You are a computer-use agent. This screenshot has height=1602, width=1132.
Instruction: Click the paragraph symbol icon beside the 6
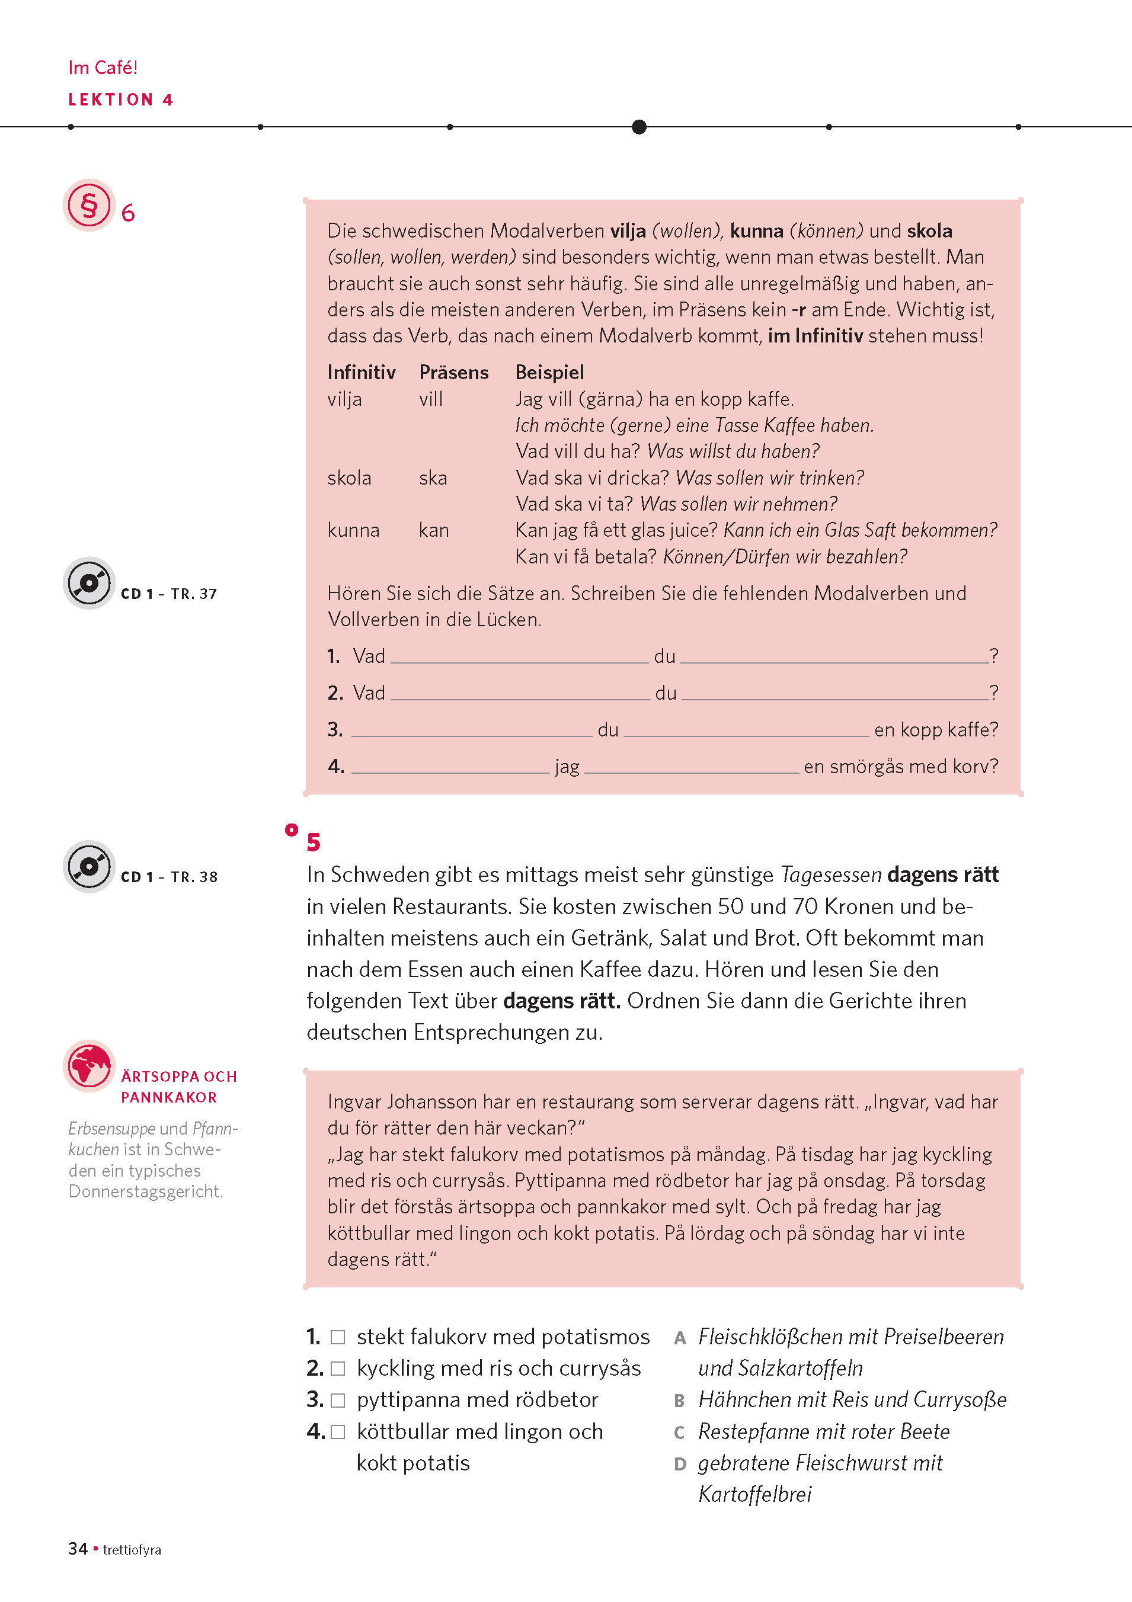pos(89,205)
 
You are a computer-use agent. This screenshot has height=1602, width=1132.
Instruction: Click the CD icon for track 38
pos(89,866)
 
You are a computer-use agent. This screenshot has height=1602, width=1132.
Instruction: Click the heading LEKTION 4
pos(120,100)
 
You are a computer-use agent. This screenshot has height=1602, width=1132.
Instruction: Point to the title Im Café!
pos(103,68)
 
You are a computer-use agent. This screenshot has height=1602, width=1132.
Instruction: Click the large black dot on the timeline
pos(638,127)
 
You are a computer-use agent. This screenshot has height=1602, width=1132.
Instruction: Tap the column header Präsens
pos(453,373)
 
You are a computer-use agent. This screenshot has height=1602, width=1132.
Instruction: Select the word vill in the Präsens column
pos(431,399)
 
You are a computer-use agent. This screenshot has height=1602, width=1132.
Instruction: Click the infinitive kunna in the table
pos(353,530)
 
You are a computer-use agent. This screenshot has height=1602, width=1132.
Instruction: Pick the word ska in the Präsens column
pos(433,478)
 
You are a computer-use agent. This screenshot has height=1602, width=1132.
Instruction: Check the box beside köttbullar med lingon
pos(338,1432)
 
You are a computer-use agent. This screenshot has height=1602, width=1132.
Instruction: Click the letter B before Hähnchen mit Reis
pos(679,1401)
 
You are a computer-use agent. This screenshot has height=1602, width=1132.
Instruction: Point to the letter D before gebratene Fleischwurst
pos(680,1464)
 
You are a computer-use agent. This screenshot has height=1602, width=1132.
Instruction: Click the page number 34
pos(78,1549)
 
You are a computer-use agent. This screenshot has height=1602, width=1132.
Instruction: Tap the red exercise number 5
pos(314,842)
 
